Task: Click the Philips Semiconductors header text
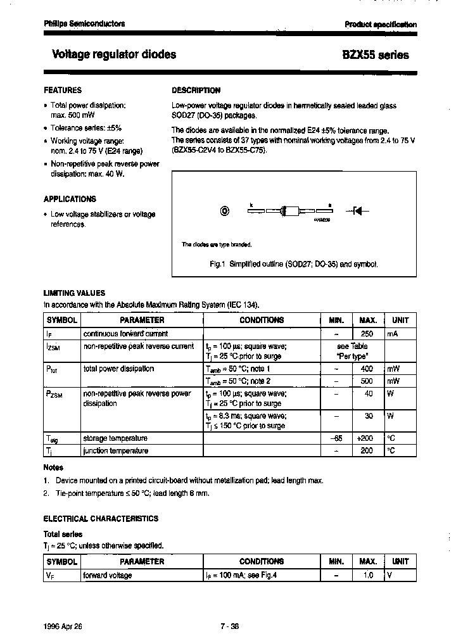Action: (x=84, y=23)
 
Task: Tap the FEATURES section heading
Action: (x=62, y=91)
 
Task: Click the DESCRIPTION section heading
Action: (x=196, y=91)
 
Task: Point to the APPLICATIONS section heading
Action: (x=70, y=199)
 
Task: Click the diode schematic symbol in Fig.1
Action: (x=357, y=212)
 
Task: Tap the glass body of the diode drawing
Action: (x=288, y=212)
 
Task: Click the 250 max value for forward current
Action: (x=367, y=334)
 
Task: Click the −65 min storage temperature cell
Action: (x=336, y=438)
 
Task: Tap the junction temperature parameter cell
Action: (x=116, y=450)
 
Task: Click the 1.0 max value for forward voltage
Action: (x=367, y=575)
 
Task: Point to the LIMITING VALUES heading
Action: (x=74, y=293)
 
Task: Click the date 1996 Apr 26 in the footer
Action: (x=63, y=626)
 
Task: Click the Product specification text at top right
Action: (x=381, y=24)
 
